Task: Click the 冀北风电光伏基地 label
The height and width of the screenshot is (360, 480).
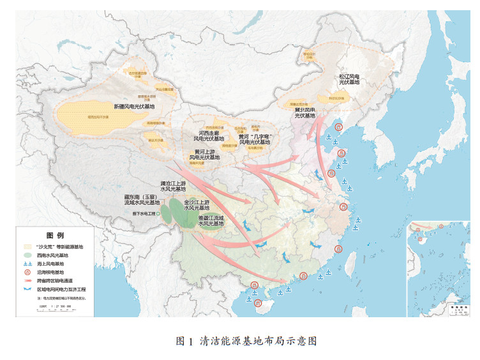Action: [304, 113]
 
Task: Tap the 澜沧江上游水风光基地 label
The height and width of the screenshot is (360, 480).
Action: [173, 186]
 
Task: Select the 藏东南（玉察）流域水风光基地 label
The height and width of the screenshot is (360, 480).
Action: [140, 202]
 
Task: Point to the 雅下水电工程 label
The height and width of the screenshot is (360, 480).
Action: [144, 214]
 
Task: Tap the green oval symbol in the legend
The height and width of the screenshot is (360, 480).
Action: [27, 254]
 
